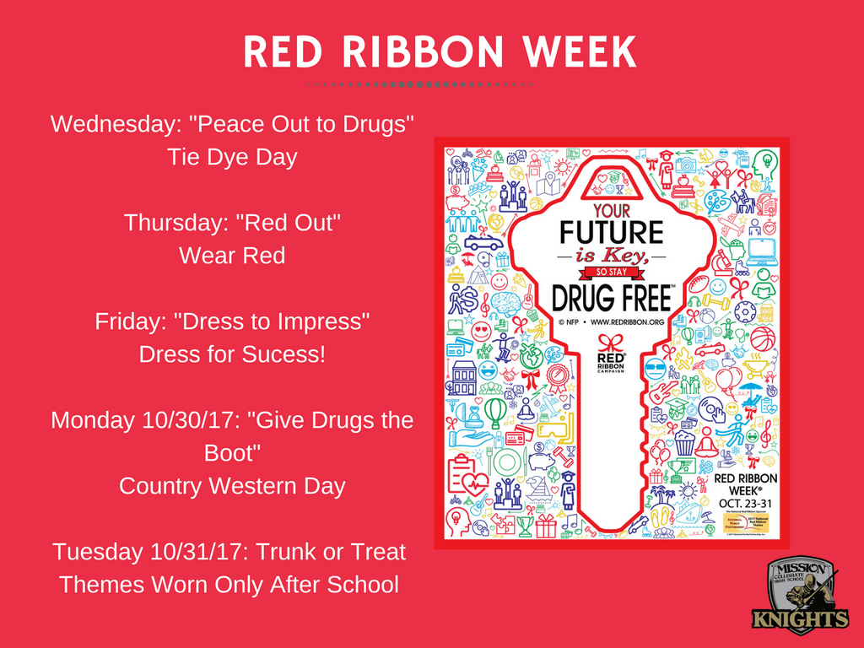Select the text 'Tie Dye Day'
pos(232,157)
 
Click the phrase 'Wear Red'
pos(232,256)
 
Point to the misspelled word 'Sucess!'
pos(284,354)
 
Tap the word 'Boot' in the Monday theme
pos(232,453)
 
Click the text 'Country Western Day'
pos(232,486)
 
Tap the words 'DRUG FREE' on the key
pos(613,297)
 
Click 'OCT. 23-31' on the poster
pos(743,503)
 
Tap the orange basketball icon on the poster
pos(762,338)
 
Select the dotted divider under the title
pos(419,85)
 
